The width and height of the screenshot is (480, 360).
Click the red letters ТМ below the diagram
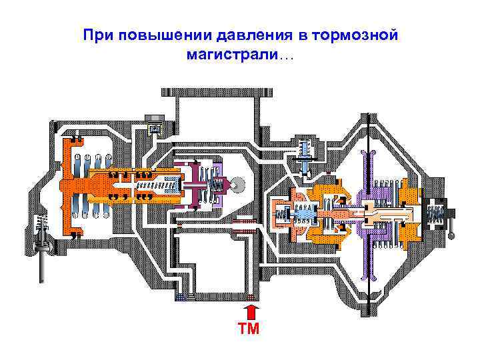pos(251,329)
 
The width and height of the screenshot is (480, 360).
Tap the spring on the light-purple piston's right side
pos(215,183)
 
